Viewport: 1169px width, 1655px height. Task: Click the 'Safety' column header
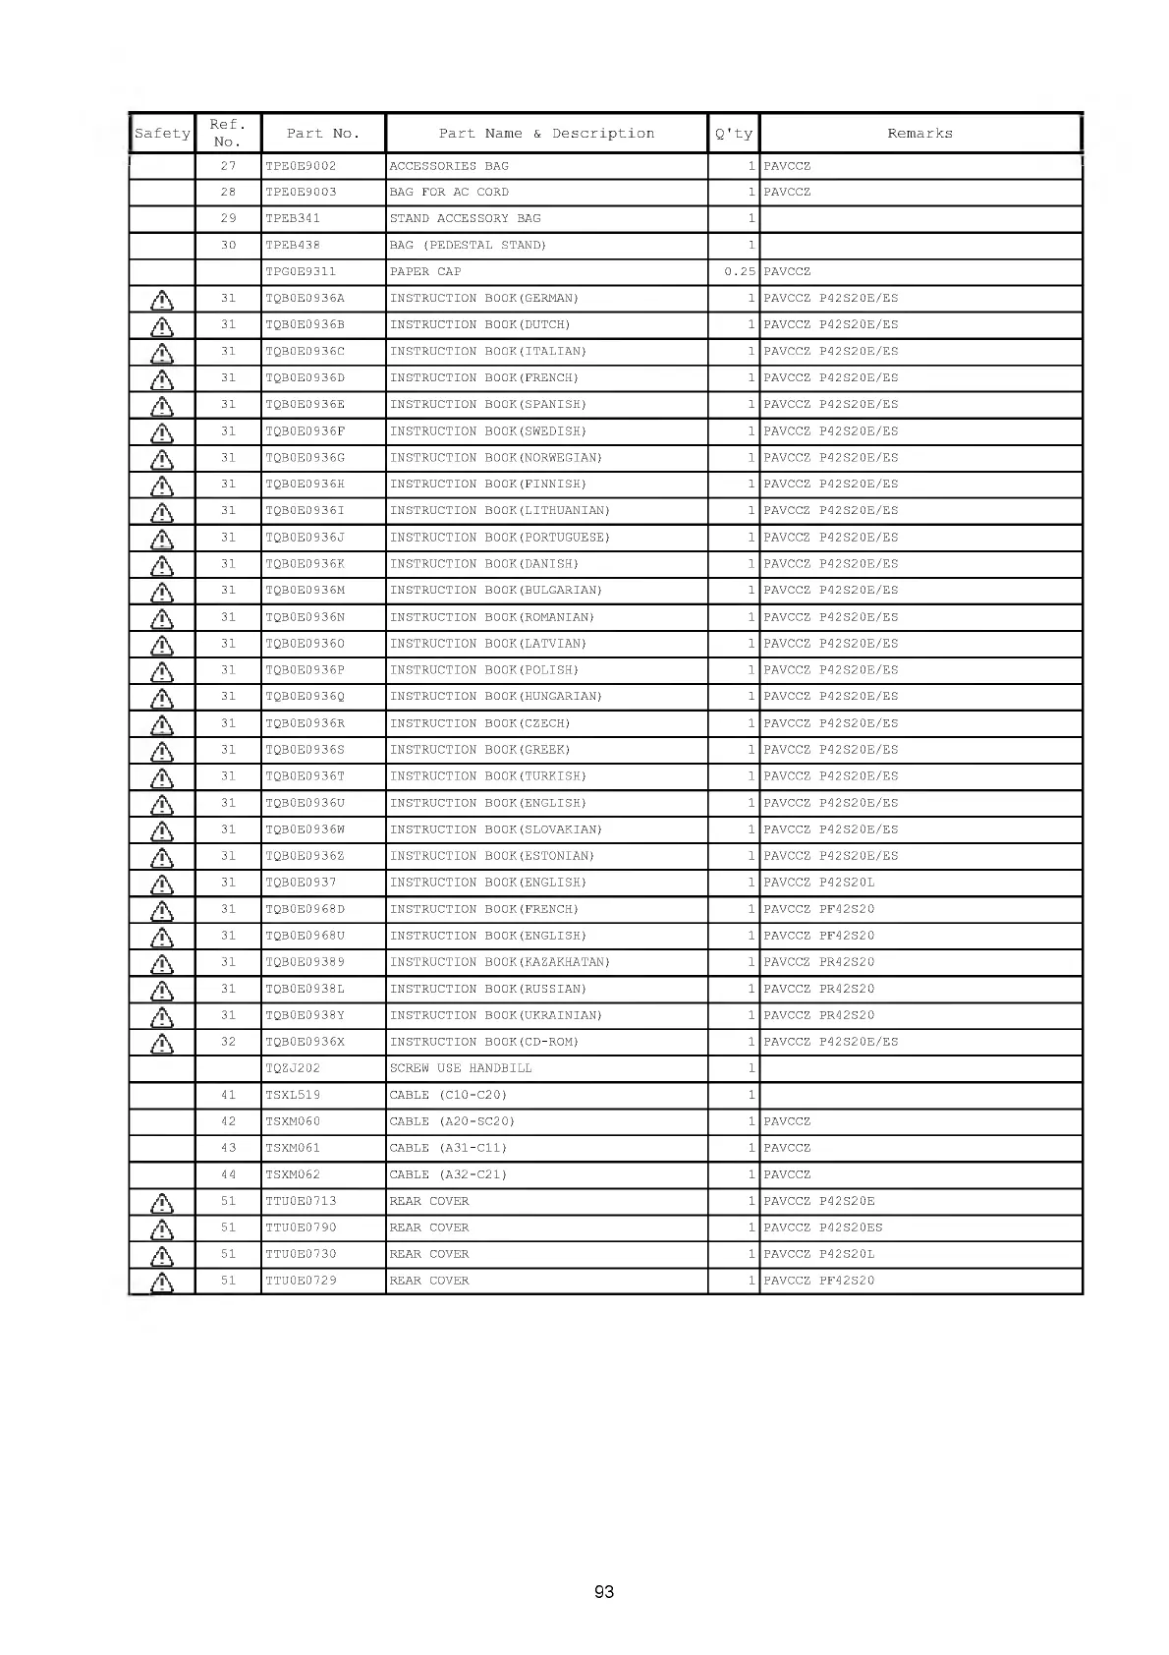coord(162,134)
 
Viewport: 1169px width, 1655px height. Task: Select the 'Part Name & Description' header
coord(546,134)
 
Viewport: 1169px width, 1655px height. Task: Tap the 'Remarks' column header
coord(919,134)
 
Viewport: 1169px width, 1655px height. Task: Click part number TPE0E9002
coord(301,166)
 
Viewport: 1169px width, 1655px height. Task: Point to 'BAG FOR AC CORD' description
coord(449,193)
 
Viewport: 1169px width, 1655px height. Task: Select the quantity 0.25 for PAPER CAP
coord(739,272)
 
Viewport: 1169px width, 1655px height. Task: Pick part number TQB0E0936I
coord(305,511)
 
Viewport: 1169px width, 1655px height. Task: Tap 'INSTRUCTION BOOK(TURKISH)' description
coord(488,776)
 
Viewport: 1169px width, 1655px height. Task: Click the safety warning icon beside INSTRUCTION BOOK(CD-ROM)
coord(162,1043)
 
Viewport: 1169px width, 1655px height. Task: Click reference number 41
coord(228,1095)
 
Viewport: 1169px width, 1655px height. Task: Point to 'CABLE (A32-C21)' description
coord(448,1174)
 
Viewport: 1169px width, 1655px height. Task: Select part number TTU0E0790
coord(301,1227)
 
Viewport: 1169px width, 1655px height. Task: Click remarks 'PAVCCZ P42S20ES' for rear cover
coord(822,1227)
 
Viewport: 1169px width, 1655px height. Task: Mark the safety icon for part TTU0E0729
coord(162,1282)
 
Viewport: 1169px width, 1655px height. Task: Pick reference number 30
coord(228,246)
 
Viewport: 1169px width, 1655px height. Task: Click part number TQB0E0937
coord(301,883)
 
